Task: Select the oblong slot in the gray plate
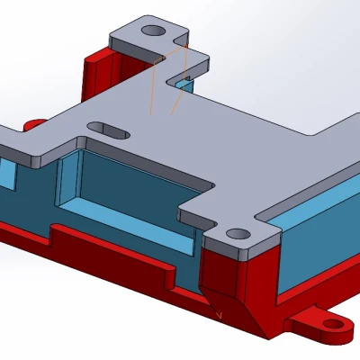click(x=108, y=130)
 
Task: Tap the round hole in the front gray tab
click(x=238, y=234)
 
